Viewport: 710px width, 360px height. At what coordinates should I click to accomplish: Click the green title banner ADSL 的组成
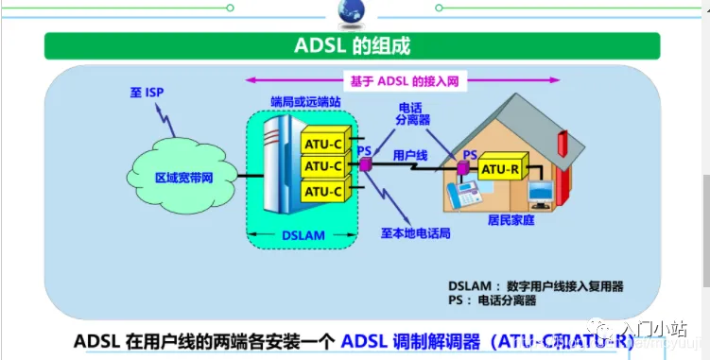(x=355, y=46)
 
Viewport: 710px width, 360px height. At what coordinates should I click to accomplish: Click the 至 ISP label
(x=147, y=93)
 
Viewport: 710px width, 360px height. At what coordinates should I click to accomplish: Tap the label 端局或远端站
(x=305, y=99)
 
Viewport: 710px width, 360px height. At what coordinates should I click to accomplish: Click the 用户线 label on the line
(x=409, y=153)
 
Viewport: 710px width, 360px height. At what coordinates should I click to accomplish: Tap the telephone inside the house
(x=466, y=196)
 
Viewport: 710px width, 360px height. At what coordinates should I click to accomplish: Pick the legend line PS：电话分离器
(x=492, y=300)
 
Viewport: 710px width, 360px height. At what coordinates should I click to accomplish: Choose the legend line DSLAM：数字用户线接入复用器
(x=536, y=285)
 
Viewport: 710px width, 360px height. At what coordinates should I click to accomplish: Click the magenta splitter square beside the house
(x=463, y=169)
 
